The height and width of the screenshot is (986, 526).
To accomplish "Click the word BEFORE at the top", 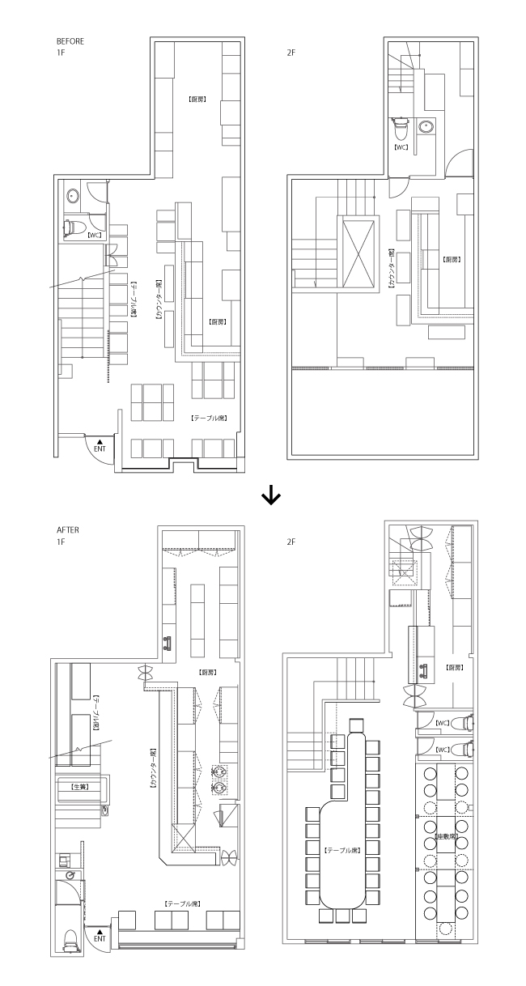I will [x=70, y=40].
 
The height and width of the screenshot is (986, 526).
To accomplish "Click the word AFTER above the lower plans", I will [x=66, y=531].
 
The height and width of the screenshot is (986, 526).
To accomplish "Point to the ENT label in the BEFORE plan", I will [x=100, y=447].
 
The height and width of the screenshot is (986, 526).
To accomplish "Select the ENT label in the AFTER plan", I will [x=100, y=939].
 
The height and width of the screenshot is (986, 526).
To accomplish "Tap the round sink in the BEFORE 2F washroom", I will [x=427, y=126].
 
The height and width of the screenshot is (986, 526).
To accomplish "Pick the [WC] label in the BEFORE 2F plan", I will [x=401, y=147].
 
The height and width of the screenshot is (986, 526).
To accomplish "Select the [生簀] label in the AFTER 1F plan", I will [x=80, y=786].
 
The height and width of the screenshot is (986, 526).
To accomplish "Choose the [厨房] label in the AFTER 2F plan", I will [x=454, y=668].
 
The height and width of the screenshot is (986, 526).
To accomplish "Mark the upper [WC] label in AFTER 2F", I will [x=442, y=723].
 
